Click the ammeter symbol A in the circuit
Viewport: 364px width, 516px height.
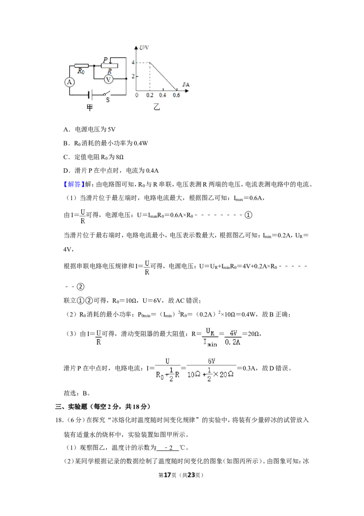[69, 82]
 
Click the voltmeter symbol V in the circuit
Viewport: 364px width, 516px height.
[108, 79]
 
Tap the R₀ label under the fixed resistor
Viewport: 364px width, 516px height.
[81, 71]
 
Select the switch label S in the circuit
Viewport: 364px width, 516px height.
[108, 100]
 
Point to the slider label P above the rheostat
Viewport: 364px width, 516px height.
[105, 60]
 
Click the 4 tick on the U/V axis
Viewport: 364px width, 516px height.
[133, 62]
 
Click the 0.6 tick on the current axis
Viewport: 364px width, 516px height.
[177, 95]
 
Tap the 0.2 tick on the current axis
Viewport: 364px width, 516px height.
[150, 95]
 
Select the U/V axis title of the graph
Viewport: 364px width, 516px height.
[144, 48]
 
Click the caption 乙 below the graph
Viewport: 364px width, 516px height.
[157, 107]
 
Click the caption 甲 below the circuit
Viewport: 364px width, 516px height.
[90, 107]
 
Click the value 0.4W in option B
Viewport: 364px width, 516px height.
[141, 143]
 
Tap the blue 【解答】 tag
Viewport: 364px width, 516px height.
[74, 184]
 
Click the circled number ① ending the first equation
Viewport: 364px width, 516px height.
[249, 215]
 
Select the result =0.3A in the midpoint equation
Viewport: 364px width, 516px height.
[248, 368]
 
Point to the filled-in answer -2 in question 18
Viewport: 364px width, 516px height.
[168, 448]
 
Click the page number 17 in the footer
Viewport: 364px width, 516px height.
[167, 475]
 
